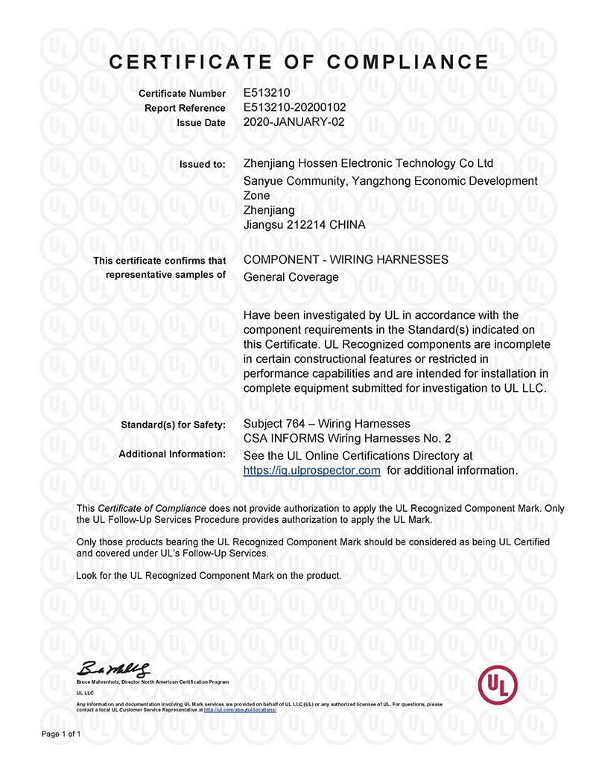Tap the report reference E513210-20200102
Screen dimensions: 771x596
point(295,108)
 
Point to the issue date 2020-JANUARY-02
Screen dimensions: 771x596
point(294,123)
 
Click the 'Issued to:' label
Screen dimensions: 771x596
point(203,164)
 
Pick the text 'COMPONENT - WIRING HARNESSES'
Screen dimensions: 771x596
point(346,260)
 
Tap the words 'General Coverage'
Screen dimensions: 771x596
point(291,277)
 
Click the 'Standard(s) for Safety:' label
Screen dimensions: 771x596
point(173,425)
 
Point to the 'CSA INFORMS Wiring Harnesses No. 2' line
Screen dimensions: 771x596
point(347,439)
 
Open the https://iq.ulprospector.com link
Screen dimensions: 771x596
point(312,470)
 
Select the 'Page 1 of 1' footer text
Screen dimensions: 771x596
point(61,734)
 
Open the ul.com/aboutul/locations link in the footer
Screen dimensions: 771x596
point(239,710)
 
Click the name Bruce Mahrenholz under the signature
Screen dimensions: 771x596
point(98,682)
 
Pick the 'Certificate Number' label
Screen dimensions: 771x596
point(182,94)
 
